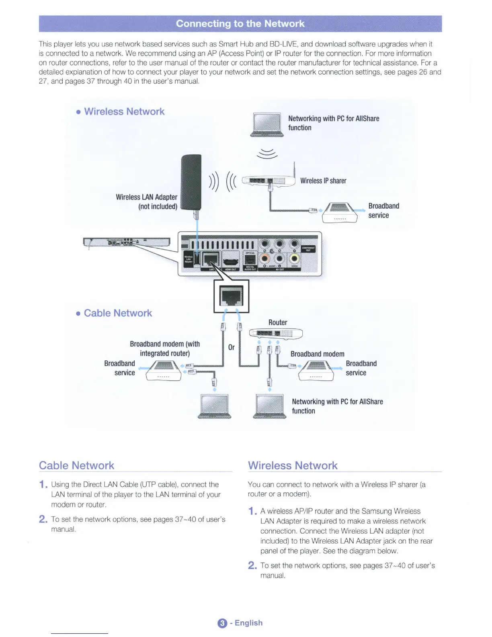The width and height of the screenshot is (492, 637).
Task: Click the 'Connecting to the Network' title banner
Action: click(x=240, y=24)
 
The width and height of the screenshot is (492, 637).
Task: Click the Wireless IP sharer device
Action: click(x=269, y=181)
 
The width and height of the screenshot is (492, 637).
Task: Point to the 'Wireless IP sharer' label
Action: click(x=323, y=181)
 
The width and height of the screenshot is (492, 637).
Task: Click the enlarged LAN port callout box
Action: click(x=231, y=296)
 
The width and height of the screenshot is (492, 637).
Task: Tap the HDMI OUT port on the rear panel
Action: click(x=230, y=261)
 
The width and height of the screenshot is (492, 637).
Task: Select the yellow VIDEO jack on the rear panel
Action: click(x=294, y=259)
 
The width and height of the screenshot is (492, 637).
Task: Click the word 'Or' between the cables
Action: click(x=231, y=347)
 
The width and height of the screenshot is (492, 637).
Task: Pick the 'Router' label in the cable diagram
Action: click(x=278, y=323)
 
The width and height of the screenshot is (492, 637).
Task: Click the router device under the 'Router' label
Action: click(x=276, y=333)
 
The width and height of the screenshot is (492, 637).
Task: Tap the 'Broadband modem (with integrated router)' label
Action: click(x=165, y=349)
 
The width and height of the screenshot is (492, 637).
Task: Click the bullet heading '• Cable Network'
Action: click(x=114, y=313)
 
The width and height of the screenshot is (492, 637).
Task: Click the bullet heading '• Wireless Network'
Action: click(x=120, y=111)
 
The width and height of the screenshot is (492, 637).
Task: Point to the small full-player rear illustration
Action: click(x=127, y=242)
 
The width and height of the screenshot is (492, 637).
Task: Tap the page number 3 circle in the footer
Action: click(x=222, y=623)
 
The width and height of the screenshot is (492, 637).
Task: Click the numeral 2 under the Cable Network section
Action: click(x=43, y=519)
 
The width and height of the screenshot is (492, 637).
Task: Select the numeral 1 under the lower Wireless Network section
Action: click(x=252, y=512)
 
